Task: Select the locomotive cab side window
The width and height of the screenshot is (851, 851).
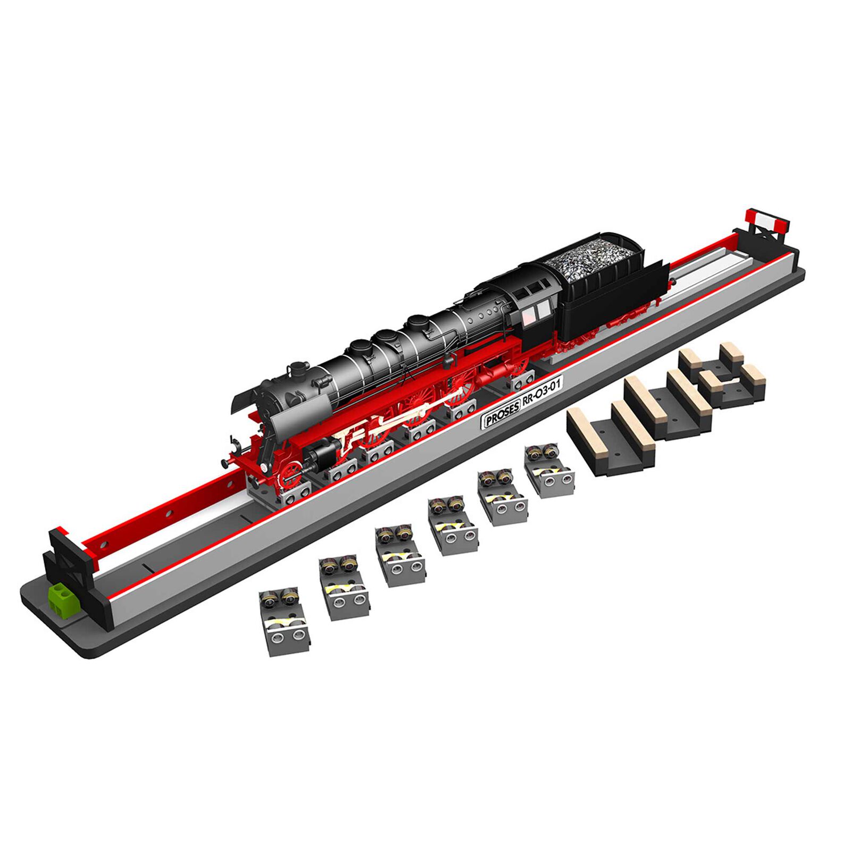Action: point(536,311)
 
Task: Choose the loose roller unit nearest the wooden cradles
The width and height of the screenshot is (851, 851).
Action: point(548,471)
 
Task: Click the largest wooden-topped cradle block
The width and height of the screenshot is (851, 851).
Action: point(612,436)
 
